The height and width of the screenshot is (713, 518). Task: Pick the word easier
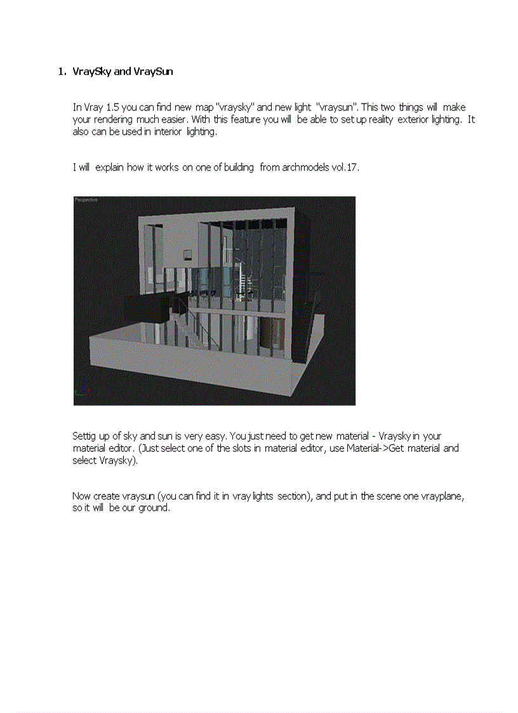point(174,119)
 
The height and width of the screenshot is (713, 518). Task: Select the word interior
point(168,132)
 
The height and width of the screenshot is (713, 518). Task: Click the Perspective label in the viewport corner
point(86,199)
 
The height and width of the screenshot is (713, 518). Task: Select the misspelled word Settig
point(84,437)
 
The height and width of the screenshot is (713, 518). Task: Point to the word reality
point(381,120)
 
